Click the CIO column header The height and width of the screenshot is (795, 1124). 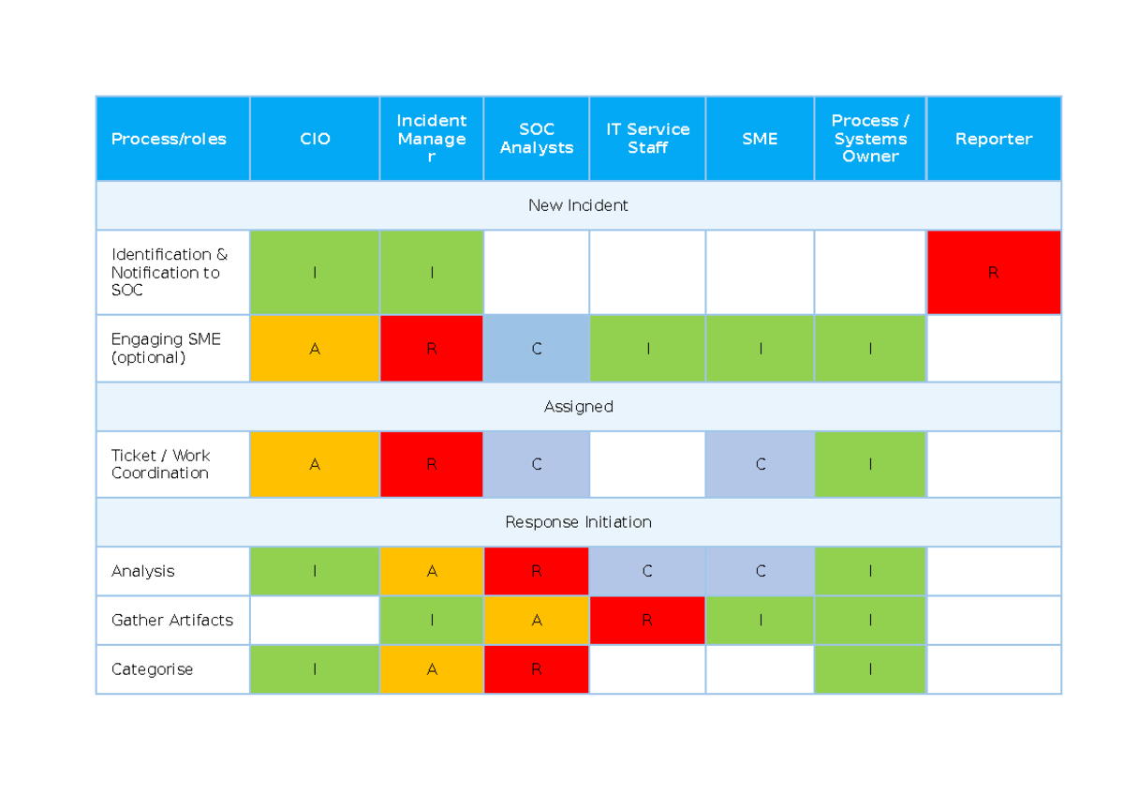pos(315,139)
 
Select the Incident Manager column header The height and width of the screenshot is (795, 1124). pos(431,139)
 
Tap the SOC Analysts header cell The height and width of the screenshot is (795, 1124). pos(536,139)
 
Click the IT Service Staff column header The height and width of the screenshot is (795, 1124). pos(647,139)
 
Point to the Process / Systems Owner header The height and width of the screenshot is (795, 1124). pos(870,139)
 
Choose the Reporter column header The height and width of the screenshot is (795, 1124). pos(993,139)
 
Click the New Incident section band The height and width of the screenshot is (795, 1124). pos(578,205)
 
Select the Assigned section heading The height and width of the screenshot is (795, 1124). pos(578,407)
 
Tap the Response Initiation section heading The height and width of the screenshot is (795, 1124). pos(578,522)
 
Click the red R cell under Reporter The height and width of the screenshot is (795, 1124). pos(993,273)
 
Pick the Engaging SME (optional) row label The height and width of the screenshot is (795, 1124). pos(167,348)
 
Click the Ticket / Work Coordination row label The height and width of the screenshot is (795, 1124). pos(161,464)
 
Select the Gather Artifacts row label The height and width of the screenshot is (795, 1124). pos(172,621)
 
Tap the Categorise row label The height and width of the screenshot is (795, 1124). pos(152,669)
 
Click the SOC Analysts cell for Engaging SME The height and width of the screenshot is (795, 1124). pos(536,349)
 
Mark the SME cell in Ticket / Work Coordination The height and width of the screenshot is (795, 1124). pos(760,464)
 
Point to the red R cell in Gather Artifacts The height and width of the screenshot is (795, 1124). pos(647,621)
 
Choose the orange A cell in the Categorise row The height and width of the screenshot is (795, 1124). pos(431,669)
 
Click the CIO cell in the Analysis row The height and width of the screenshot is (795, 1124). pos(315,571)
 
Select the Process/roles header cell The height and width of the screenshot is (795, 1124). pos(169,139)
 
